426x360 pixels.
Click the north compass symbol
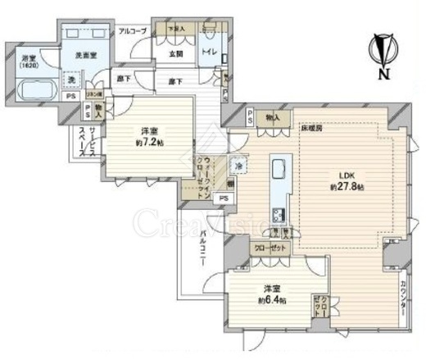point(382,52)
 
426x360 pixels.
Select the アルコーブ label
point(132,31)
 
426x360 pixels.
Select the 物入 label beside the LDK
point(274,118)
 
